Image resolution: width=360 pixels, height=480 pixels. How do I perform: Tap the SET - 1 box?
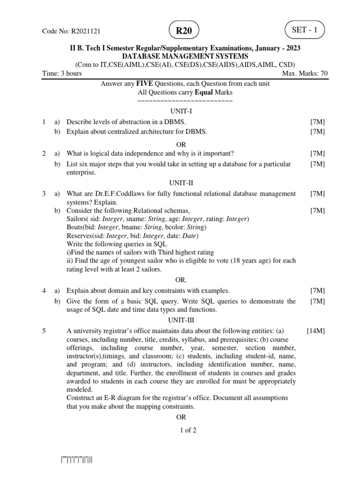coord(305,30)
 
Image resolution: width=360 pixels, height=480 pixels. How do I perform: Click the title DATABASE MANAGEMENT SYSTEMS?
coord(185,56)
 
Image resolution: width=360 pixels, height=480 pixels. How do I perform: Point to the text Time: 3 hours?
coord(62,73)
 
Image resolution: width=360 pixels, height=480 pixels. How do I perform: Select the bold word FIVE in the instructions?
coord(144,83)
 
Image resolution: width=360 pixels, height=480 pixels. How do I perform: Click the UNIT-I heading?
coord(181,112)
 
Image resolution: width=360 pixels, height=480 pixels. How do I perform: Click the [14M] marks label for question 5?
coord(315,331)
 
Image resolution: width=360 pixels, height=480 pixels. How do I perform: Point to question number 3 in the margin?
coord(44,194)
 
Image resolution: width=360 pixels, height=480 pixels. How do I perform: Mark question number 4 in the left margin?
coord(44,291)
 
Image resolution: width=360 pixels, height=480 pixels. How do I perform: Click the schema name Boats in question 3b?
coord(75,227)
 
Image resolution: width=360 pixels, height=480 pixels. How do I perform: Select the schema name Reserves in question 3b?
coord(79,236)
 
